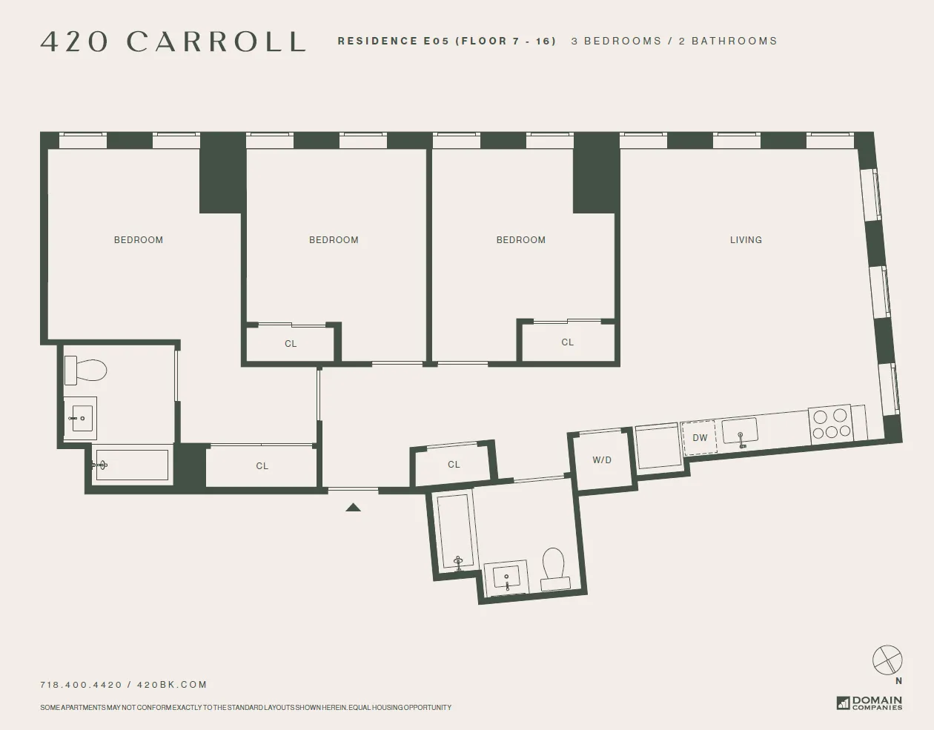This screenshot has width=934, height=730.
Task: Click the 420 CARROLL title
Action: [173, 42]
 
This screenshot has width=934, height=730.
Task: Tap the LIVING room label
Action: [746, 240]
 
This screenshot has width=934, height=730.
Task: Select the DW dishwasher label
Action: [700, 438]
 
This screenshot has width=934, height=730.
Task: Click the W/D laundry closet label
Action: [602, 460]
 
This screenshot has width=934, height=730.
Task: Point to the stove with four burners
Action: [830, 425]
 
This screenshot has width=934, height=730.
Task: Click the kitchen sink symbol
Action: [740, 432]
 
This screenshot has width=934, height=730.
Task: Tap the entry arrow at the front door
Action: [354, 508]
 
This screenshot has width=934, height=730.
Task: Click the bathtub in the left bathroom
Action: [131, 465]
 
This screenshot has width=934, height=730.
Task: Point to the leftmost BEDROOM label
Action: [139, 240]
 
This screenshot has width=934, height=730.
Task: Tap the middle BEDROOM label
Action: [334, 240]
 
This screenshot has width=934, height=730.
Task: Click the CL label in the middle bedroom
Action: [291, 344]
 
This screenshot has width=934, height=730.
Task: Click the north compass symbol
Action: [887, 660]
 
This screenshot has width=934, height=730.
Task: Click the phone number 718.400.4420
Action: [81, 685]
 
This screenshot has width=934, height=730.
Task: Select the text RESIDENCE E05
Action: [393, 42]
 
